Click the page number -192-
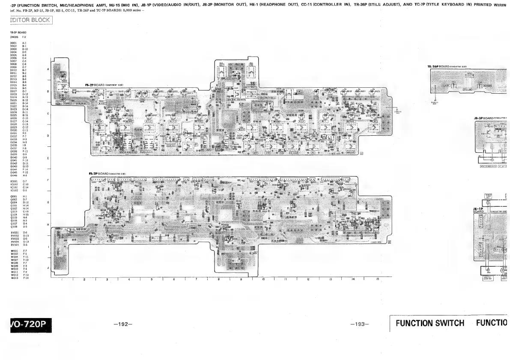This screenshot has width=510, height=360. [x=123, y=324]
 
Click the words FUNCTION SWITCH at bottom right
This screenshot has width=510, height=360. [x=430, y=323]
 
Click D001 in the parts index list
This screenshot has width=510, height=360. [x=13, y=43]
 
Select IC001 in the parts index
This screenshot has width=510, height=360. [x=13, y=181]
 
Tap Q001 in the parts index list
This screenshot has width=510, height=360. [x=13, y=196]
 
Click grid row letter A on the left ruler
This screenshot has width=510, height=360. [x=48, y=69]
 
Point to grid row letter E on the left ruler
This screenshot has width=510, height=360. [x=48, y=158]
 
